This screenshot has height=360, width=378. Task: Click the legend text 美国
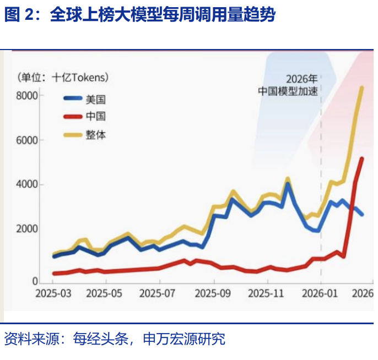click(x=95, y=100)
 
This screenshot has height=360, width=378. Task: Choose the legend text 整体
click(x=95, y=134)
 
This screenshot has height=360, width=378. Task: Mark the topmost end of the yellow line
click(x=362, y=87)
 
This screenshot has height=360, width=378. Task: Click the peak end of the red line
click(x=362, y=159)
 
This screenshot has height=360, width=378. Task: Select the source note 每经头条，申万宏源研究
click(x=149, y=339)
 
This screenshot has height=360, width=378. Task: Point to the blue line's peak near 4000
click(x=288, y=184)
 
